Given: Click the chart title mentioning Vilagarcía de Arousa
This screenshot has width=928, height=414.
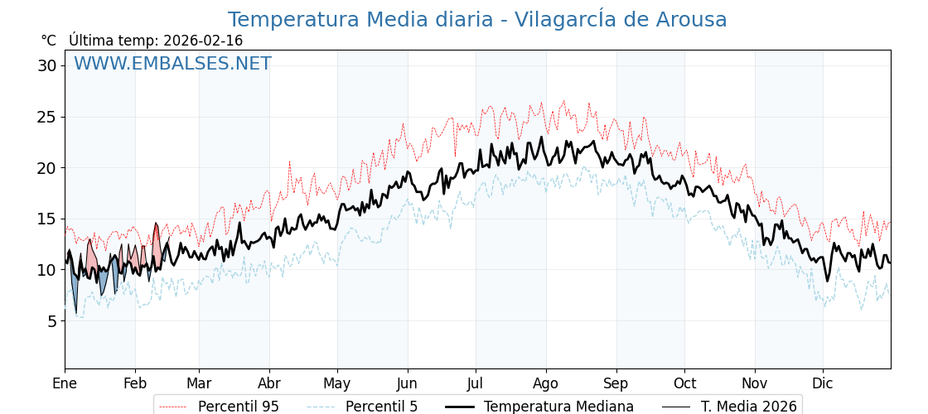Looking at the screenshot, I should coord(477,20).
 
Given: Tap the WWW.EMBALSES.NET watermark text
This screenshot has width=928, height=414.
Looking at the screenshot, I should coord(172,64).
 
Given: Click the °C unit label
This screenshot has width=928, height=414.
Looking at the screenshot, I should coord(48,41).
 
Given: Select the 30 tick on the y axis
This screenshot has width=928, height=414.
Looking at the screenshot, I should coord(46,65).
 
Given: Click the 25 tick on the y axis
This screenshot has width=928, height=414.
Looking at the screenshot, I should coord(46,117).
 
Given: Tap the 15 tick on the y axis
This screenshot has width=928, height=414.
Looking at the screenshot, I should coord(46,219).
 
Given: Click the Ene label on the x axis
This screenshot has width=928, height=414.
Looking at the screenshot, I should coord(65,383).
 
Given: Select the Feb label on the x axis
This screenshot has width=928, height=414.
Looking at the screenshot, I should coord(135,383).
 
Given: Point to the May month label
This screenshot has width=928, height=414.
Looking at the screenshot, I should coord(337,383).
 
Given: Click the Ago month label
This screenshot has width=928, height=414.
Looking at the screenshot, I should coord(546,383).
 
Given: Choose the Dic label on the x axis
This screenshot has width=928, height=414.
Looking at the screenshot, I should coord(823,383).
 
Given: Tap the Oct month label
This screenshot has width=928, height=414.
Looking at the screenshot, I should coord(684,383).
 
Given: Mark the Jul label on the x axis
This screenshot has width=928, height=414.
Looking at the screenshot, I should coord(476,383).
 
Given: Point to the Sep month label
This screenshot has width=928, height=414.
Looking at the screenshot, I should coord(616,383).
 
